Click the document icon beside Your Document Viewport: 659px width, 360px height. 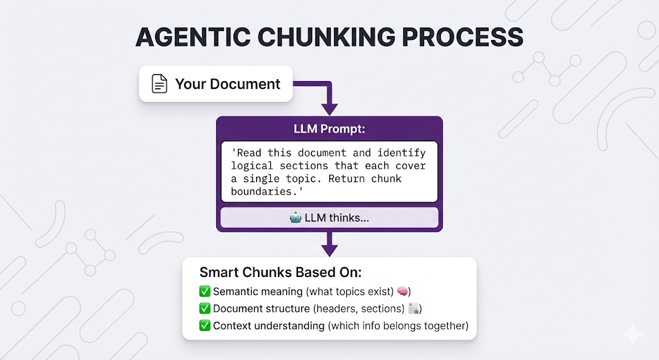[159, 84]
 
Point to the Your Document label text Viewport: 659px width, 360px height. [228, 84]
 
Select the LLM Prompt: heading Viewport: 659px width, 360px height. [329, 129]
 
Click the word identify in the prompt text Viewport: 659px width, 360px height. [401, 153]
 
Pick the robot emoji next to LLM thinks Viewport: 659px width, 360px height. [296, 218]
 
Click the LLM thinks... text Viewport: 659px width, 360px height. [340, 218]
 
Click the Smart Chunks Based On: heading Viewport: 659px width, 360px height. [281, 272]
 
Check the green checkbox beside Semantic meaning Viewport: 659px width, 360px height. [205, 291]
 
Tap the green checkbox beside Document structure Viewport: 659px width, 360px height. [205, 308]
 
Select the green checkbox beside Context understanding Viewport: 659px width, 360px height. [205, 326]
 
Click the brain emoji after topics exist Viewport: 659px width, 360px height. [404, 291]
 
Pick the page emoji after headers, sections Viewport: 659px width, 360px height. [414, 308]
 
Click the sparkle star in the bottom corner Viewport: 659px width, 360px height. [632, 334]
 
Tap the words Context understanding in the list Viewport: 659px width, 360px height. [269, 326]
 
